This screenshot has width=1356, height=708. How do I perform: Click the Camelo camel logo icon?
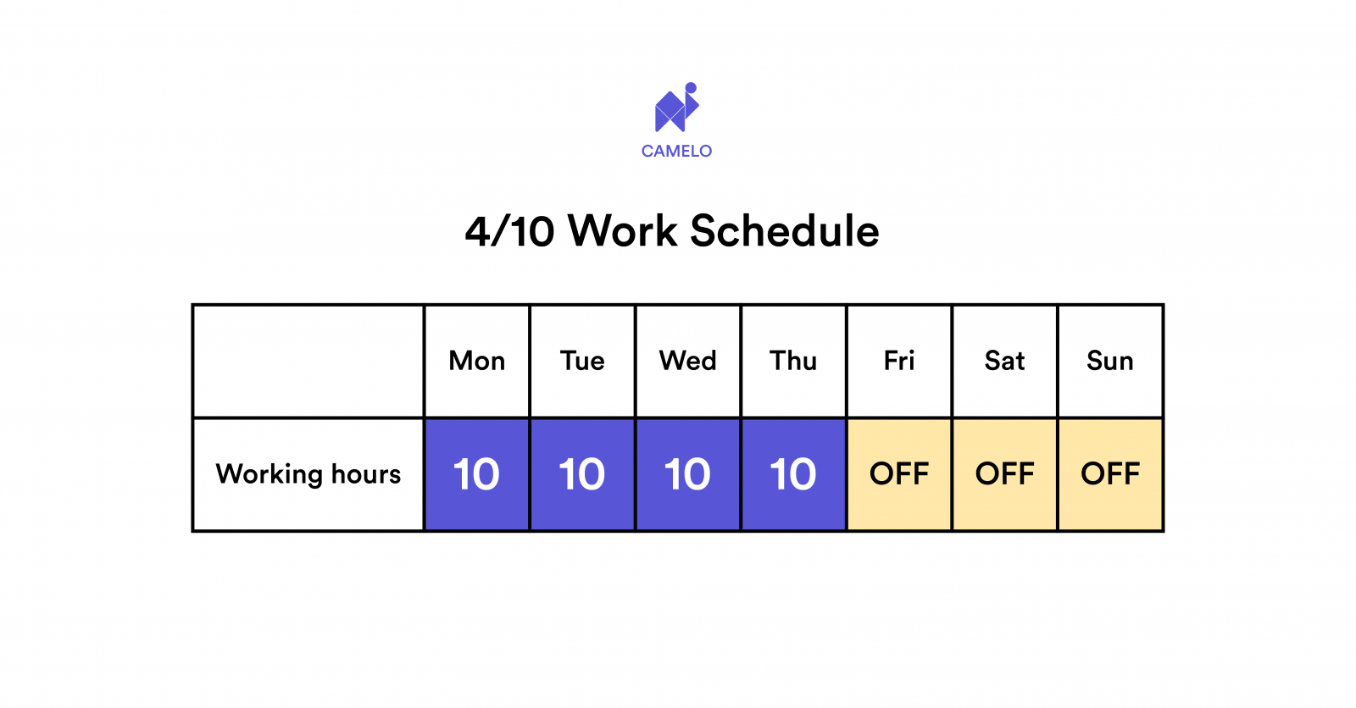[x=675, y=108]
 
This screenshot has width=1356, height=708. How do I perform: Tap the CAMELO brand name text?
[x=676, y=152]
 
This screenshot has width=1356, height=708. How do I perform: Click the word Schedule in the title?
[x=785, y=231]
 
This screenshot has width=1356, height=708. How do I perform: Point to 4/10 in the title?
[x=509, y=231]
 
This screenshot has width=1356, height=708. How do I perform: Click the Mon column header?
[x=477, y=361]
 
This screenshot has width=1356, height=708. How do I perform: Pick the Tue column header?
[x=582, y=361]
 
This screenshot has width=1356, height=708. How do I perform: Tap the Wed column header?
[x=688, y=361]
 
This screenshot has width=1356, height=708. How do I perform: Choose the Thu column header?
[x=793, y=361]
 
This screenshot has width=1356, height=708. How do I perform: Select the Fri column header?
[x=899, y=361]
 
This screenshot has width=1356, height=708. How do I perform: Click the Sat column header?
[x=1004, y=361]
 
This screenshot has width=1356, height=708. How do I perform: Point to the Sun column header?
[x=1110, y=361]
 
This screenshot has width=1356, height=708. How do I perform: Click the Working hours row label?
[x=308, y=474]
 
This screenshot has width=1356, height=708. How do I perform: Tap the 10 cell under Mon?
[x=477, y=474]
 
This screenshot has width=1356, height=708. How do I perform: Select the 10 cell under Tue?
[x=582, y=474]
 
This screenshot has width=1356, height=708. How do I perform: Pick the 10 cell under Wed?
[x=688, y=474]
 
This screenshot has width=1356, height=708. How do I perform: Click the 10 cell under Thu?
[x=793, y=474]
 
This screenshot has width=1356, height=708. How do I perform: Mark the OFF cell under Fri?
[x=899, y=474]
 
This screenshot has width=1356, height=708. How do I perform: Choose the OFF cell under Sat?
[x=1004, y=474]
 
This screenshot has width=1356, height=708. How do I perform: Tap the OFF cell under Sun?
[x=1110, y=474]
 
